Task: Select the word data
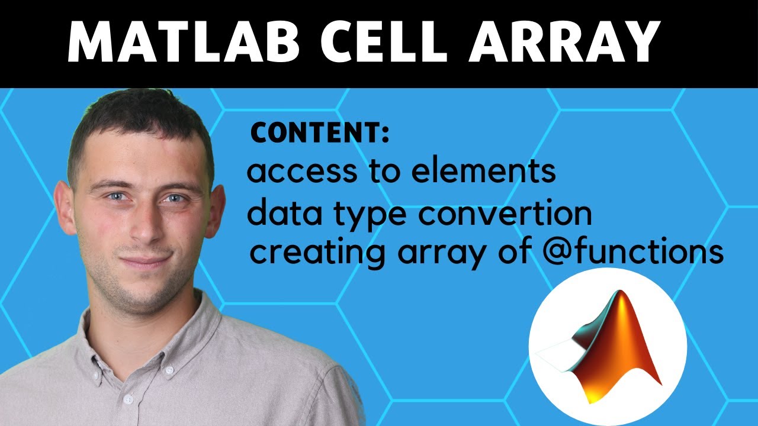click(x=279, y=214)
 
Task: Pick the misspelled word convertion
click(x=504, y=214)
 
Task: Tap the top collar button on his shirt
click(x=169, y=369)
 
